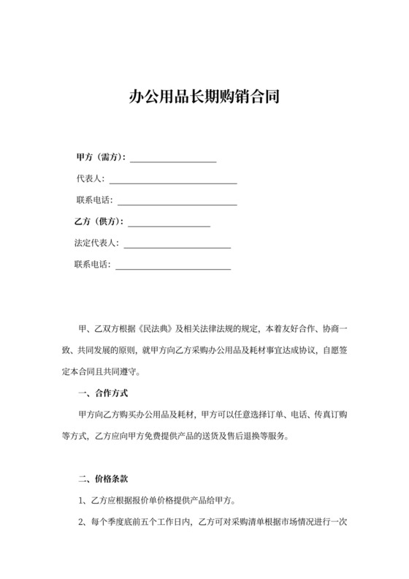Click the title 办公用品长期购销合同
(204, 96)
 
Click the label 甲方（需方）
(101, 157)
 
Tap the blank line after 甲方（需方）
(173, 158)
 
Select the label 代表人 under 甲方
(91, 178)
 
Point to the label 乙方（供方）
(98, 222)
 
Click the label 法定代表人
(96, 243)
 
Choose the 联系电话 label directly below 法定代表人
(91, 265)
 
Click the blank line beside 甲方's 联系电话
(177, 200)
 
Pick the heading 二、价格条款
(103, 480)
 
